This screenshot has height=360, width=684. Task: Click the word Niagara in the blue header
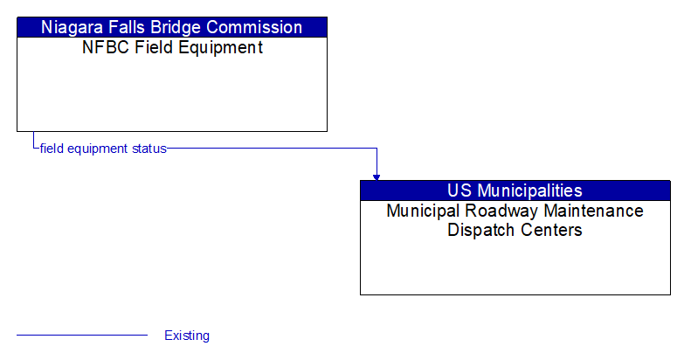(x=73, y=27)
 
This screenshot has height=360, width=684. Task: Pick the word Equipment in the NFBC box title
(x=223, y=48)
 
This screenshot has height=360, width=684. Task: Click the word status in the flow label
(x=149, y=149)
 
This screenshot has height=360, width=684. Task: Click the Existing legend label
(x=187, y=336)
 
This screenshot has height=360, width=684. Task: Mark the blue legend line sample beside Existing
(x=82, y=336)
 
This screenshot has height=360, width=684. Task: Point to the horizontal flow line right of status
(x=271, y=149)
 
